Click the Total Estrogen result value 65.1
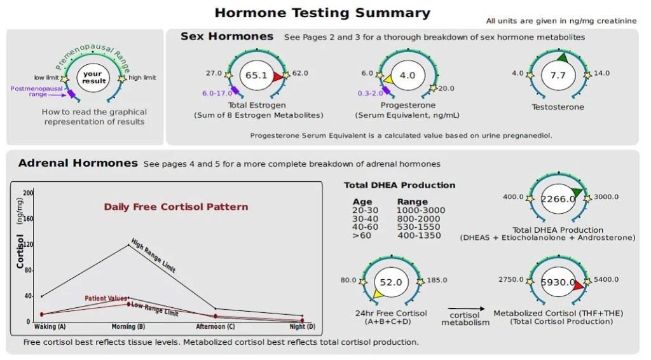256,75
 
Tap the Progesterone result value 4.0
407,75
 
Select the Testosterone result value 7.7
558,75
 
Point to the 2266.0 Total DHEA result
558,198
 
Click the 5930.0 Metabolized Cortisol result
558,282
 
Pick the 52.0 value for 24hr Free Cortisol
390,282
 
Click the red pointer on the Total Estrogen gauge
277,77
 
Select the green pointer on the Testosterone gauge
562,58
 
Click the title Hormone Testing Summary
322,13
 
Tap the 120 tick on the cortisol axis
28,244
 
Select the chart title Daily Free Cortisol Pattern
176,207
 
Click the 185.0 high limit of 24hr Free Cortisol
437,280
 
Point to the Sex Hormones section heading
227,36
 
